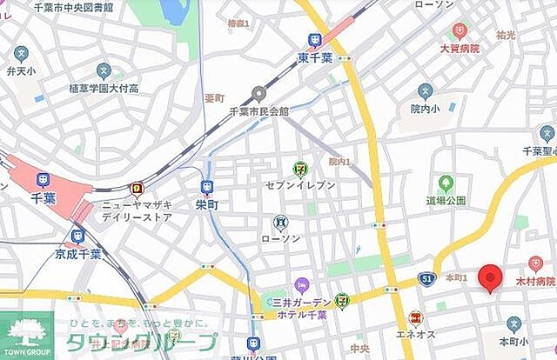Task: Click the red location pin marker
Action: [492, 277]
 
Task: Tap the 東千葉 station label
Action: [315, 58]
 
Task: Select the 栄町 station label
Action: [207, 206]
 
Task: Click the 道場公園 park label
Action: [446, 200]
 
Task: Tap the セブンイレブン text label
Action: [299, 185]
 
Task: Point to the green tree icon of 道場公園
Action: [446, 183]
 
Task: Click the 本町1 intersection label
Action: [456, 277]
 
